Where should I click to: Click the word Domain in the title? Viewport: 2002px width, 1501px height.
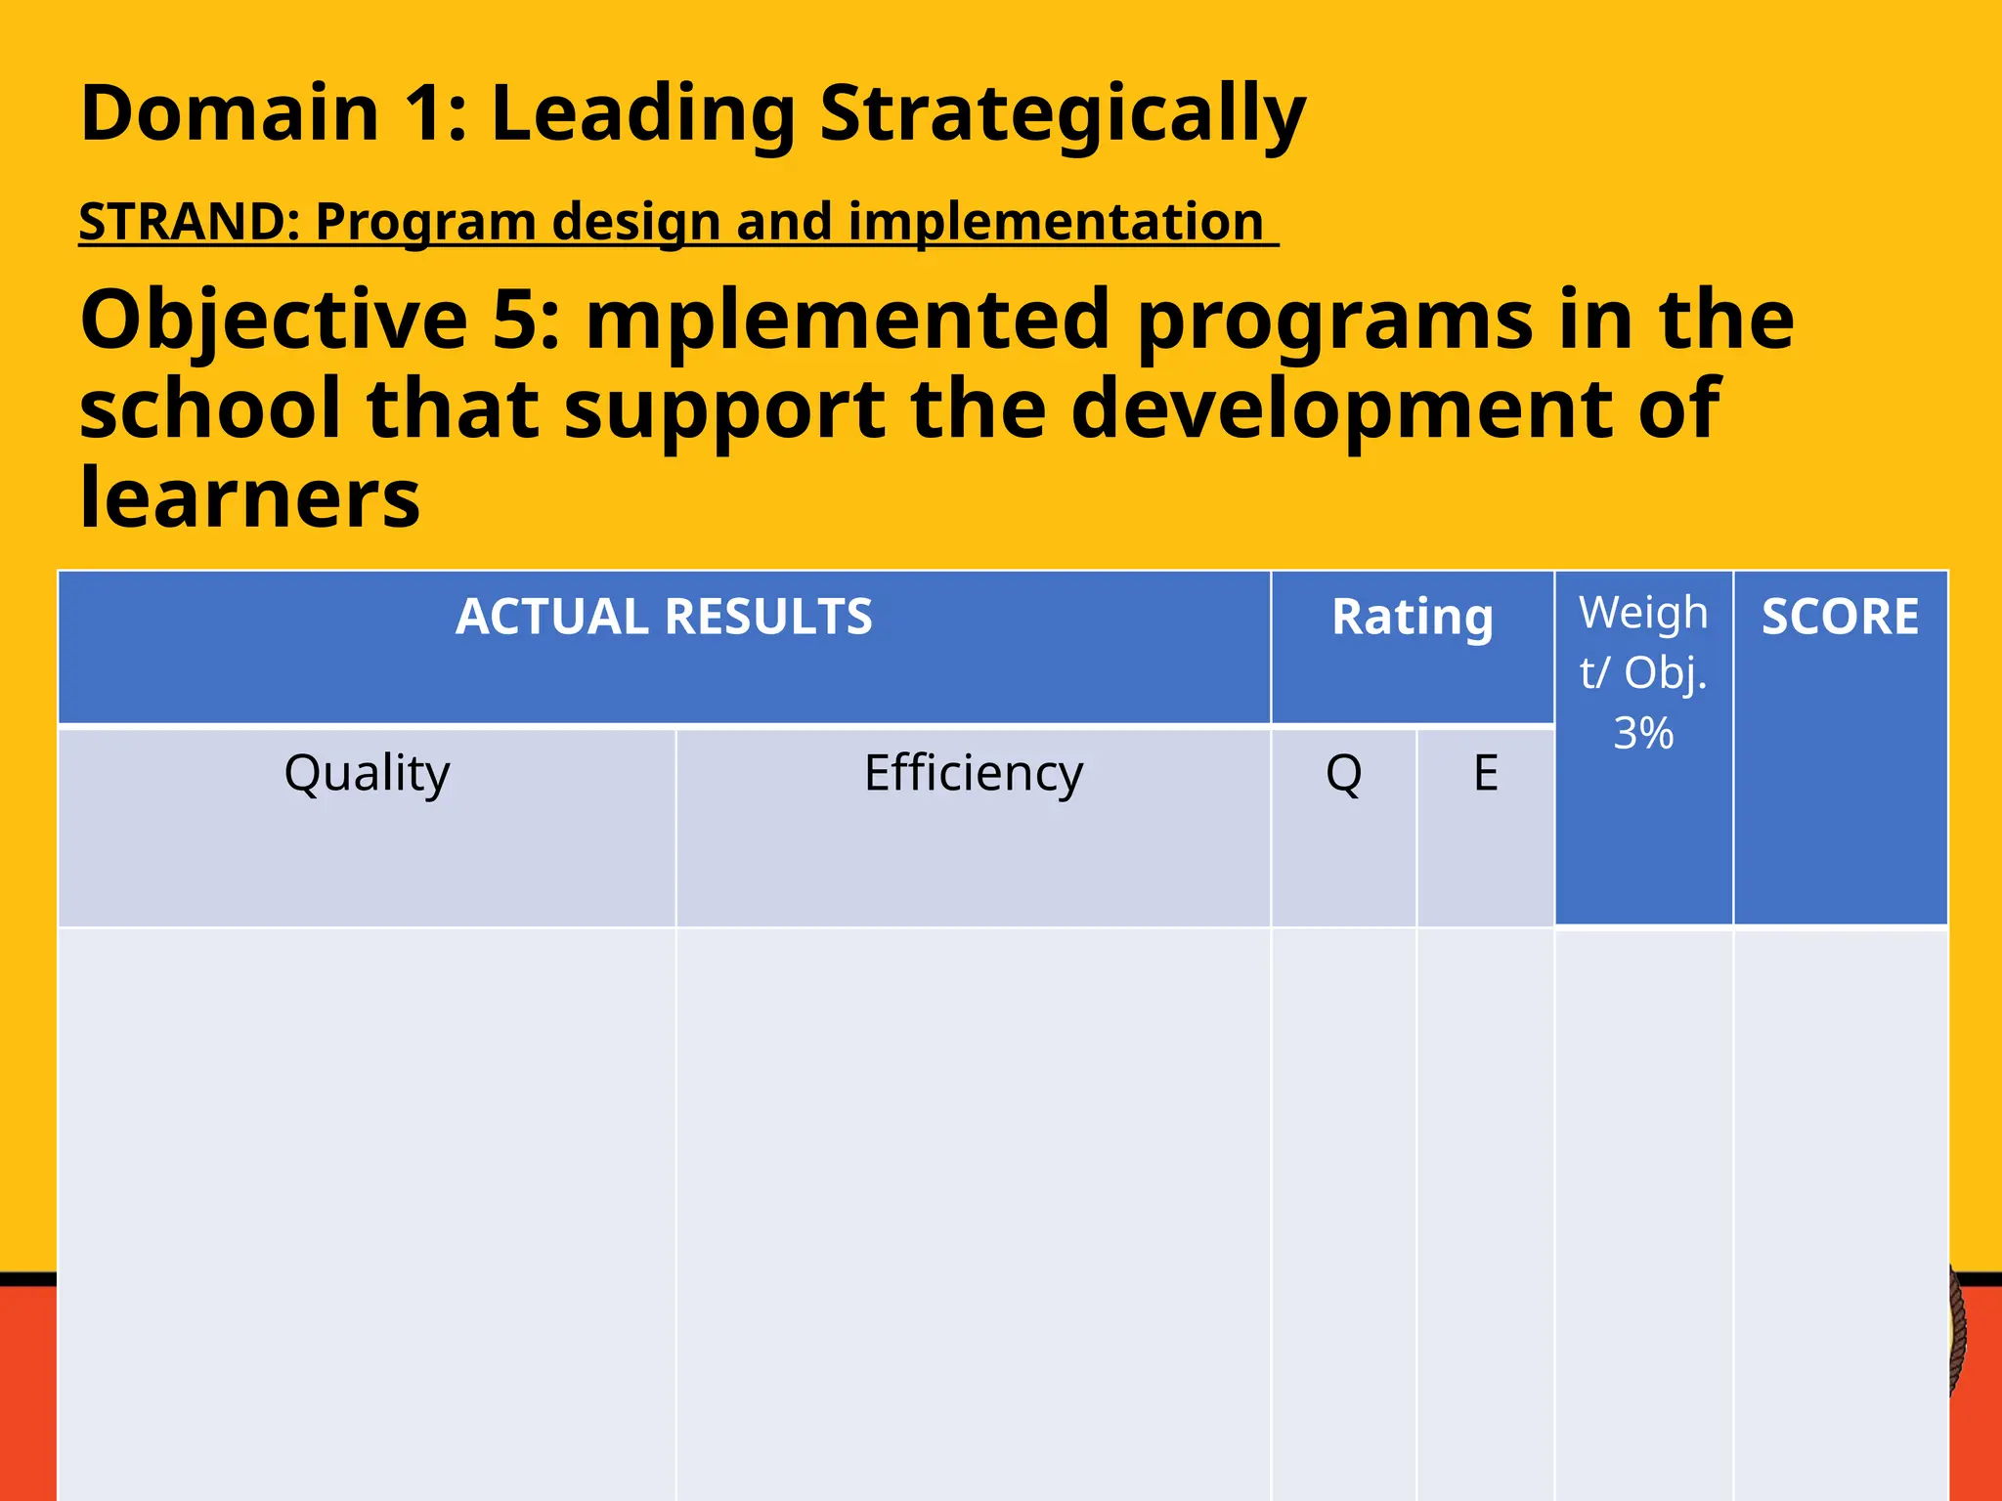(x=230, y=113)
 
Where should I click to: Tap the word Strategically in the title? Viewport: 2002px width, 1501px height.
(x=1063, y=115)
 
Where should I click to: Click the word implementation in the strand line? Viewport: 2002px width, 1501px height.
(x=1056, y=222)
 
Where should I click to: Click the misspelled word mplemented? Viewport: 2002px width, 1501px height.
(x=849, y=320)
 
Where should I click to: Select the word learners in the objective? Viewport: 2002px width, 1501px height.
(x=249, y=497)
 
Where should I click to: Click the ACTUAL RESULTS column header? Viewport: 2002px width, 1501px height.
(x=664, y=618)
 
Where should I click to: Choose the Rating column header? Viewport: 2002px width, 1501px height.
(x=1413, y=618)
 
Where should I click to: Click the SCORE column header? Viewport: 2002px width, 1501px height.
(x=1840, y=618)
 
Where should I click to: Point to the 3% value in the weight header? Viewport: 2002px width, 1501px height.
(x=1643, y=733)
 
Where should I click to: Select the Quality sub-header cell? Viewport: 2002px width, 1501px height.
(x=367, y=773)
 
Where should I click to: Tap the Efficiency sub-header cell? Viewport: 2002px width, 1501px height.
(x=974, y=773)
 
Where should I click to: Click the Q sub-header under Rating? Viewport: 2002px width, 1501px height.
(x=1343, y=773)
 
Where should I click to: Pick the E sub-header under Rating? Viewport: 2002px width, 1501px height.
(x=1485, y=773)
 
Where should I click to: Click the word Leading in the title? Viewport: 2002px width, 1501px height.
(x=643, y=115)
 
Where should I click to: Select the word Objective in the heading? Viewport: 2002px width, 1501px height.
(x=274, y=320)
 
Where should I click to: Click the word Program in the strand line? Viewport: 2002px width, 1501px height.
(x=425, y=222)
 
